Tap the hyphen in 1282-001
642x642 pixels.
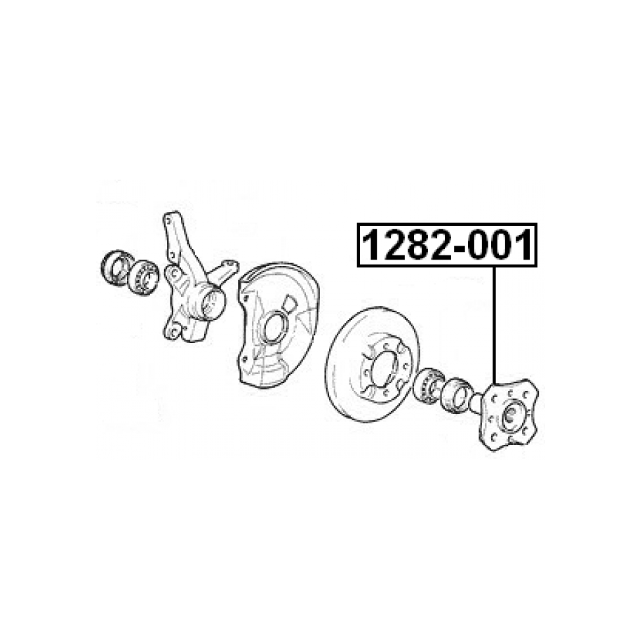click(x=458, y=249)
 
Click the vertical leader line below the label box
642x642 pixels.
click(x=495, y=326)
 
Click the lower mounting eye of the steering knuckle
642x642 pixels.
click(x=173, y=330)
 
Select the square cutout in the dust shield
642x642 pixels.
click(x=290, y=303)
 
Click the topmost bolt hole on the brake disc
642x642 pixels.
click(x=384, y=346)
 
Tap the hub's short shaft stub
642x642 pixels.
click(x=476, y=402)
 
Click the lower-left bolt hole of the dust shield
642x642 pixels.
click(x=244, y=359)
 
